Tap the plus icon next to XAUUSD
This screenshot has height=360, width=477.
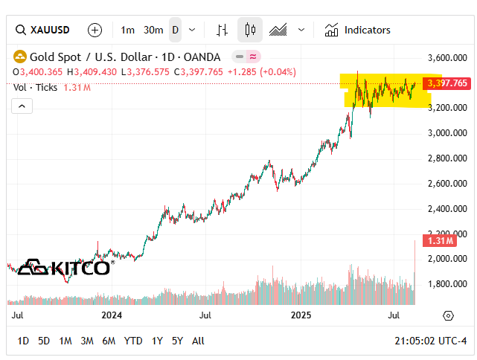[95, 30]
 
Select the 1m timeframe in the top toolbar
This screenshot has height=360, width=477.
[128, 30]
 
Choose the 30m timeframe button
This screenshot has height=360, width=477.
[153, 30]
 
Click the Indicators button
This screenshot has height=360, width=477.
[358, 30]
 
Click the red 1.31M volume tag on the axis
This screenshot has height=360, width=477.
[437, 240]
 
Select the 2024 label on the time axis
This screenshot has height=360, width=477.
[112, 315]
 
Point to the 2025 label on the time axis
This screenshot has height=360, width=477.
[301, 315]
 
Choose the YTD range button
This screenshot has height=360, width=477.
[133, 341]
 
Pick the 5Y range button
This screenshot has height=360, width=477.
[177, 341]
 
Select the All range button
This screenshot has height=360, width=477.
[198, 341]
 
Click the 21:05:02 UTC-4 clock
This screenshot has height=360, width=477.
[429, 341]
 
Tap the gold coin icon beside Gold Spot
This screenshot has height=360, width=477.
[19, 57]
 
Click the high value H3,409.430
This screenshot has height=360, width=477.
[92, 71]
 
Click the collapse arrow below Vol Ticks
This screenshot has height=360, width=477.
[22, 106]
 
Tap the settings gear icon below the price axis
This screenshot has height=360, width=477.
[448, 315]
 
